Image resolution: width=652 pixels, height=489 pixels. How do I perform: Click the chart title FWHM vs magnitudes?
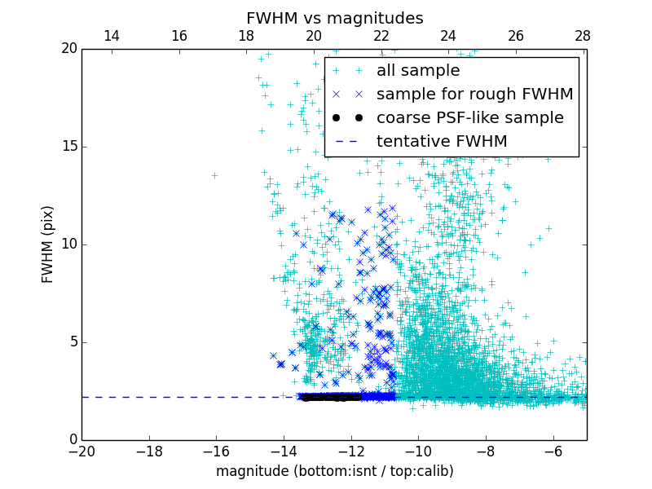click(334, 18)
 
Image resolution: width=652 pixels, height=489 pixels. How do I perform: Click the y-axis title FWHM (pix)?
click(48, 244)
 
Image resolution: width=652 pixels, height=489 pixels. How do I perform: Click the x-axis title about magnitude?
click(334, 471)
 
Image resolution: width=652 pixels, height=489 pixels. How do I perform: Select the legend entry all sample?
click(418, 71)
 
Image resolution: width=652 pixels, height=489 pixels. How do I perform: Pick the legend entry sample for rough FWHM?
click(474, 95)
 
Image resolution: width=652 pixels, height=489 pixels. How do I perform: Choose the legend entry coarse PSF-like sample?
click(469, 118)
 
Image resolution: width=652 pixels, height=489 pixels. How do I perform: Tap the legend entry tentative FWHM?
click(442, 142)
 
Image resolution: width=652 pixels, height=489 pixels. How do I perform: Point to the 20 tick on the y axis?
click(68, 49)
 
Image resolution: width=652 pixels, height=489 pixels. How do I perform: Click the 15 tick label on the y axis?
click(68, 147)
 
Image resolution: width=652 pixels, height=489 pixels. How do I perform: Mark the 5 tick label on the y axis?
click(72, 342)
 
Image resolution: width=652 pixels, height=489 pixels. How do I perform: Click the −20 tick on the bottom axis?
click(81, 451)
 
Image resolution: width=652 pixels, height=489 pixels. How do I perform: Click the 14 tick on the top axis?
click(112, 37)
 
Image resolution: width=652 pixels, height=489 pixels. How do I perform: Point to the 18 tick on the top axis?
click(246, 37)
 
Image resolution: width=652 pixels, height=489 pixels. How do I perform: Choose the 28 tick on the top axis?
click(583, 37)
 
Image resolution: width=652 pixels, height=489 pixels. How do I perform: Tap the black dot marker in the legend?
click(350, 118)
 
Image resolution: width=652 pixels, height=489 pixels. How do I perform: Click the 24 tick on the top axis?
click(448, 37)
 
